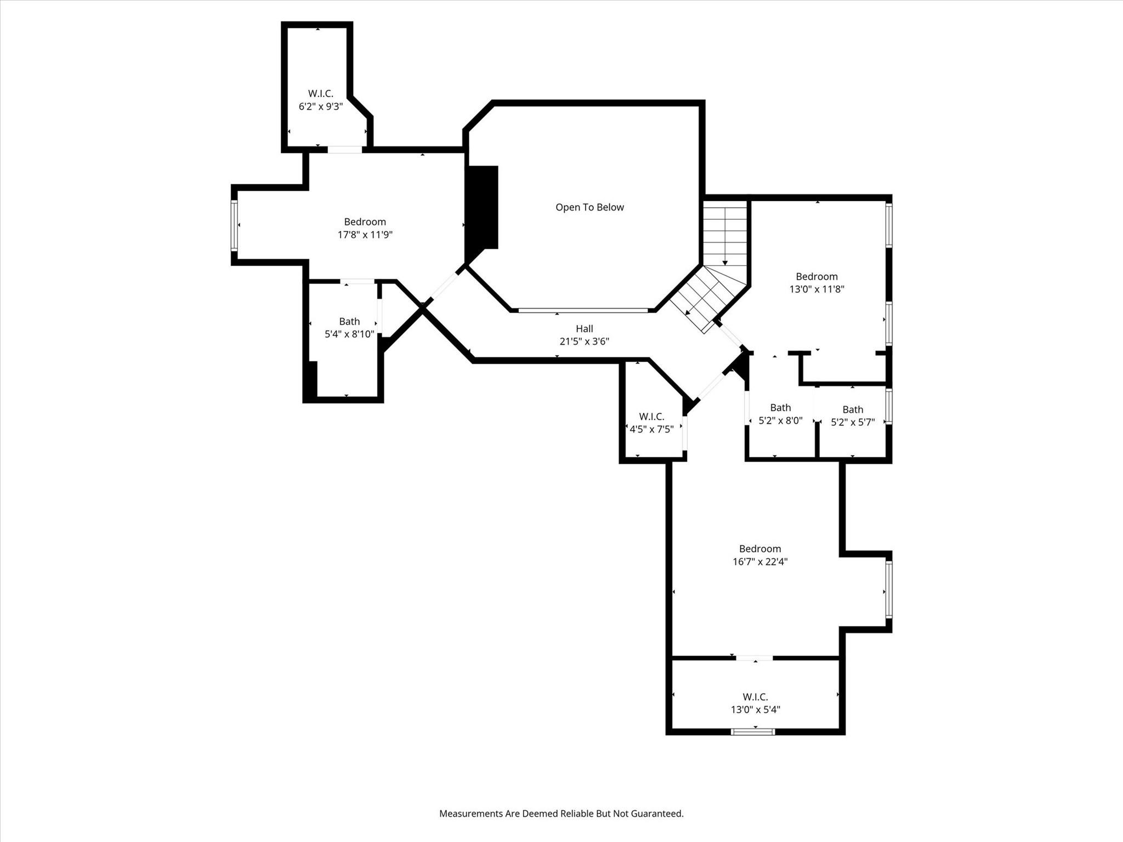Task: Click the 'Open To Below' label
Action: click(x=589, y=207)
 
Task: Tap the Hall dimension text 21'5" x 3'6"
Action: click(x=584, y=342)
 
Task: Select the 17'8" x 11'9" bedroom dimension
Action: click(x=365, y=235)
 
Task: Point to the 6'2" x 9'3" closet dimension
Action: click(x=321, y=106)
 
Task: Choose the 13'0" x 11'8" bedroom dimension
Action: click(x=816, y=289)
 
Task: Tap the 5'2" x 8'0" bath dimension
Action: click(x=780, y=420)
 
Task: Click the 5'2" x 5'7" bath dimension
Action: click(x=853, y=422)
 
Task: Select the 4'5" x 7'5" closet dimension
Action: click(x=651, y=429)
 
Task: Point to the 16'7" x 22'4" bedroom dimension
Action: click(x=760, y=561)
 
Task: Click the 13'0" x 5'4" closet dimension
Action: click(x=755, y=709)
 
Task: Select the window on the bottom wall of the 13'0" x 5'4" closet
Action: click(x=753, y=731)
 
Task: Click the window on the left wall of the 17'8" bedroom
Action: click(x=234, y=225)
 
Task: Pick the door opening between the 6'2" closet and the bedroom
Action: click(x=345, y=149)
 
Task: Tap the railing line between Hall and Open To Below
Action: click(x=583, y=310)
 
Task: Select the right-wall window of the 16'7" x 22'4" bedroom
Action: click(x=888, y=589)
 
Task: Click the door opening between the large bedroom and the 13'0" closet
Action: click(x=755, y=658)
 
